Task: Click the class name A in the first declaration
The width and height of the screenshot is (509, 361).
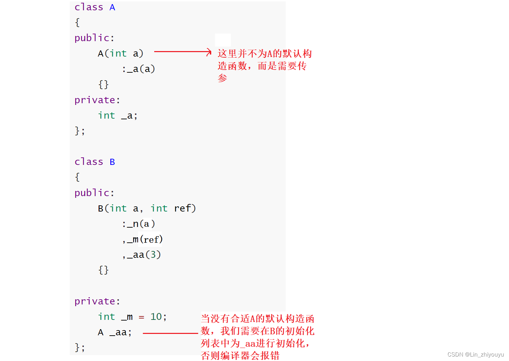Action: tap(112, 7)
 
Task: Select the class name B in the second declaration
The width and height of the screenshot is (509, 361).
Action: tap(112, 162)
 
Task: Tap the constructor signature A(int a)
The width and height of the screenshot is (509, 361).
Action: tap(120, 53)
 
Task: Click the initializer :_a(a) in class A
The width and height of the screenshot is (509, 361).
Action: tap(138, 69)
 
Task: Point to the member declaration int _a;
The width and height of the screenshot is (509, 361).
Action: tap(117, 116)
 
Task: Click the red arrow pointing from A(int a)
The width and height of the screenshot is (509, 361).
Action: tap(182, 52)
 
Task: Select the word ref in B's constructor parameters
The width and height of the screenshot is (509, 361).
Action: tap(182, 208)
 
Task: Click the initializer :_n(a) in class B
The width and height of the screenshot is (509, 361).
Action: tap(138, 224)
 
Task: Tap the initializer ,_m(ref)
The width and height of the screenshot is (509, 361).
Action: tap(142, 239)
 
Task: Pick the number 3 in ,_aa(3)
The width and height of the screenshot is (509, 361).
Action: tap(153, 255)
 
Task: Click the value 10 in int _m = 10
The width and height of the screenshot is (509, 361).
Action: tap(156, 317)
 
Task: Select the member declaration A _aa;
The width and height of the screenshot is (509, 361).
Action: tap(115, 332)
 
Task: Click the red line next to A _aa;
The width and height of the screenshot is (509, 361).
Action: tap(170, 333)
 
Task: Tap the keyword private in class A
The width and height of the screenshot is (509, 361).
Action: tap(95, 100)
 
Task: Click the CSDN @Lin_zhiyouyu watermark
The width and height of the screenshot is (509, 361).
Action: tap(475, 354)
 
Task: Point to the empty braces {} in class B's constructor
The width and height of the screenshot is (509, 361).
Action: tap(103, 270)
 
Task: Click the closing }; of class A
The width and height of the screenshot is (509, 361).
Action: tap(80, 131)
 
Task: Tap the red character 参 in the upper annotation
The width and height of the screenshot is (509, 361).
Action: tap(223, 78)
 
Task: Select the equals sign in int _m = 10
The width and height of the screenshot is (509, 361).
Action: tap(142, 317)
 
